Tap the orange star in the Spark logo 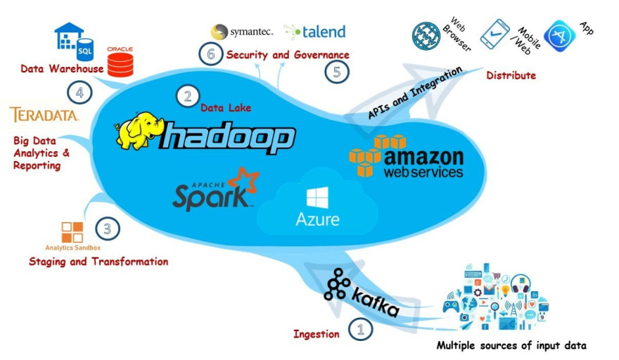pos(243,182)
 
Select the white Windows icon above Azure pos(317,198)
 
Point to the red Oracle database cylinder pos(120,65)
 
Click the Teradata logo pos(44,115)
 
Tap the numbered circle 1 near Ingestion pos(360,329)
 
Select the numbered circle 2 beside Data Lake pos(188,96)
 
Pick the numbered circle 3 pos(108,229)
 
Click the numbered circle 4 pos(79,93)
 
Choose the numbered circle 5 pos(337,72)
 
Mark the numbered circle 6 pos(211,53)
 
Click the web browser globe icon pos(426,36)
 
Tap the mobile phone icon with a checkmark pos(494,34)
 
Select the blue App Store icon pos(559,36)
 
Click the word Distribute pos(511,75)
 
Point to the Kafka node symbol pos(337,284)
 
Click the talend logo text pos(324,32)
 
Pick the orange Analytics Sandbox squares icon pos(72,232)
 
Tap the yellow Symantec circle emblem pos(219,32)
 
